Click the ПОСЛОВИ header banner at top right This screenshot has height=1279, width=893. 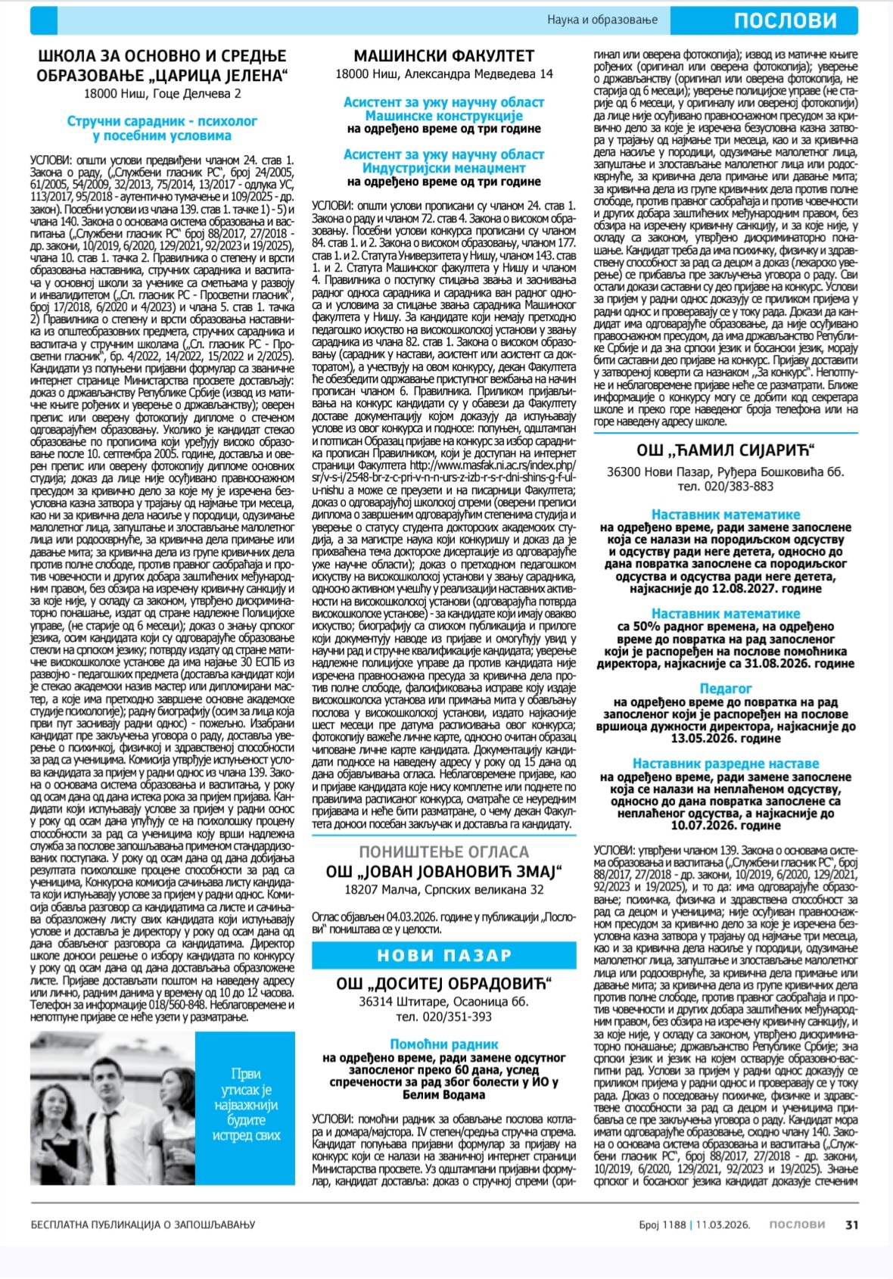coord(785,20)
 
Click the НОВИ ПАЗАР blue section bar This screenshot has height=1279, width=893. coord(444,955)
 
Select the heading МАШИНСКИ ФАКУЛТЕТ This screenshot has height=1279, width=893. coord(444,56)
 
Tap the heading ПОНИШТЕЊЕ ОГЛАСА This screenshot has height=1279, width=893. coord(444,851)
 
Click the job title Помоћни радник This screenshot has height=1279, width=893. coord(444,1044)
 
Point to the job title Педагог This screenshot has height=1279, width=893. coord(725,689)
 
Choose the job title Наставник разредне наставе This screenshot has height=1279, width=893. coord(725,764)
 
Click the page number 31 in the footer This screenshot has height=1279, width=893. coord(852,1225)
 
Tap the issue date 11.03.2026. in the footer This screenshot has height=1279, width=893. coord(723,1225)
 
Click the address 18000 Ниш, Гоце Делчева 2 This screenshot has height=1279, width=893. coord(162,94)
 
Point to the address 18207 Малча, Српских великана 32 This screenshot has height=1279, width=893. coord(444,890)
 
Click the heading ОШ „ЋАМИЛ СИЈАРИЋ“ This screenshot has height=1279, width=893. coord(725,451)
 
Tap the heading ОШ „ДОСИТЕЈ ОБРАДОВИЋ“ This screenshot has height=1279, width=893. coord(444,984)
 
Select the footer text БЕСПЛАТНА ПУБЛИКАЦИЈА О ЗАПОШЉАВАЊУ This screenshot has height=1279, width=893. coord(143,1225)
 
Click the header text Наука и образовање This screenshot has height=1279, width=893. coord(602,20)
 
